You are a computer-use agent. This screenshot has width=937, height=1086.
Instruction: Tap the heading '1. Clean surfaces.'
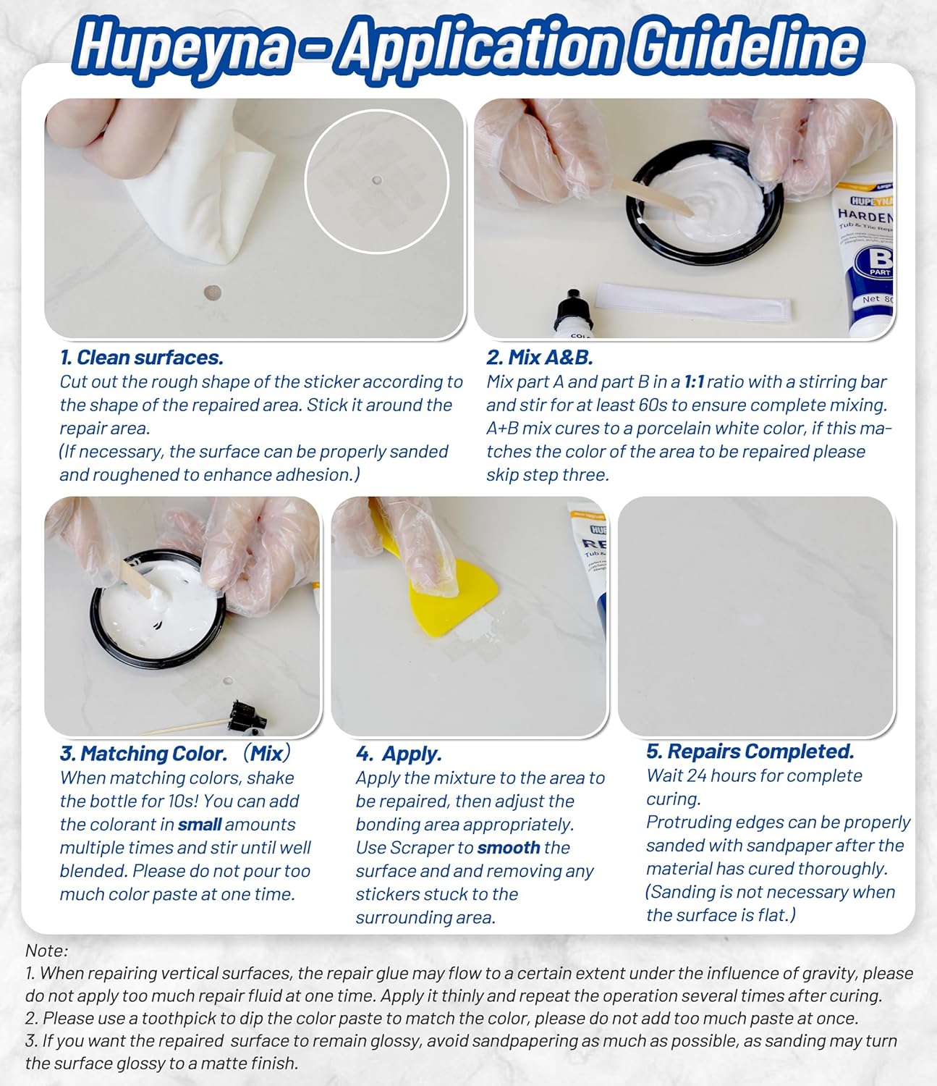(x=142, y=358)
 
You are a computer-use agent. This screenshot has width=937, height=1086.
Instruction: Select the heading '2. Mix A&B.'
(x=539, y=358)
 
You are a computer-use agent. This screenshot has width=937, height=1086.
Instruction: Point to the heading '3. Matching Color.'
(x=143, y=754)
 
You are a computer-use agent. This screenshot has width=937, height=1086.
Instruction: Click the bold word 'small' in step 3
(x=200, y=825)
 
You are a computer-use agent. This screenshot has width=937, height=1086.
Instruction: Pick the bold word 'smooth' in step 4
(x=509, y=848)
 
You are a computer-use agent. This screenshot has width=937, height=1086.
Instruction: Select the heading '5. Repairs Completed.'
(x=750, y=752)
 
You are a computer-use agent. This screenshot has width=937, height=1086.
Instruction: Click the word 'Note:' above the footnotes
(x=46, y=950)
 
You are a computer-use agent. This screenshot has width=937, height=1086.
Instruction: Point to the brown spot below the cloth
(x=212, y=292)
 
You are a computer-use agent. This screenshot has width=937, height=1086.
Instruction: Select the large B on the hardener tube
(x=878, y=260)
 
